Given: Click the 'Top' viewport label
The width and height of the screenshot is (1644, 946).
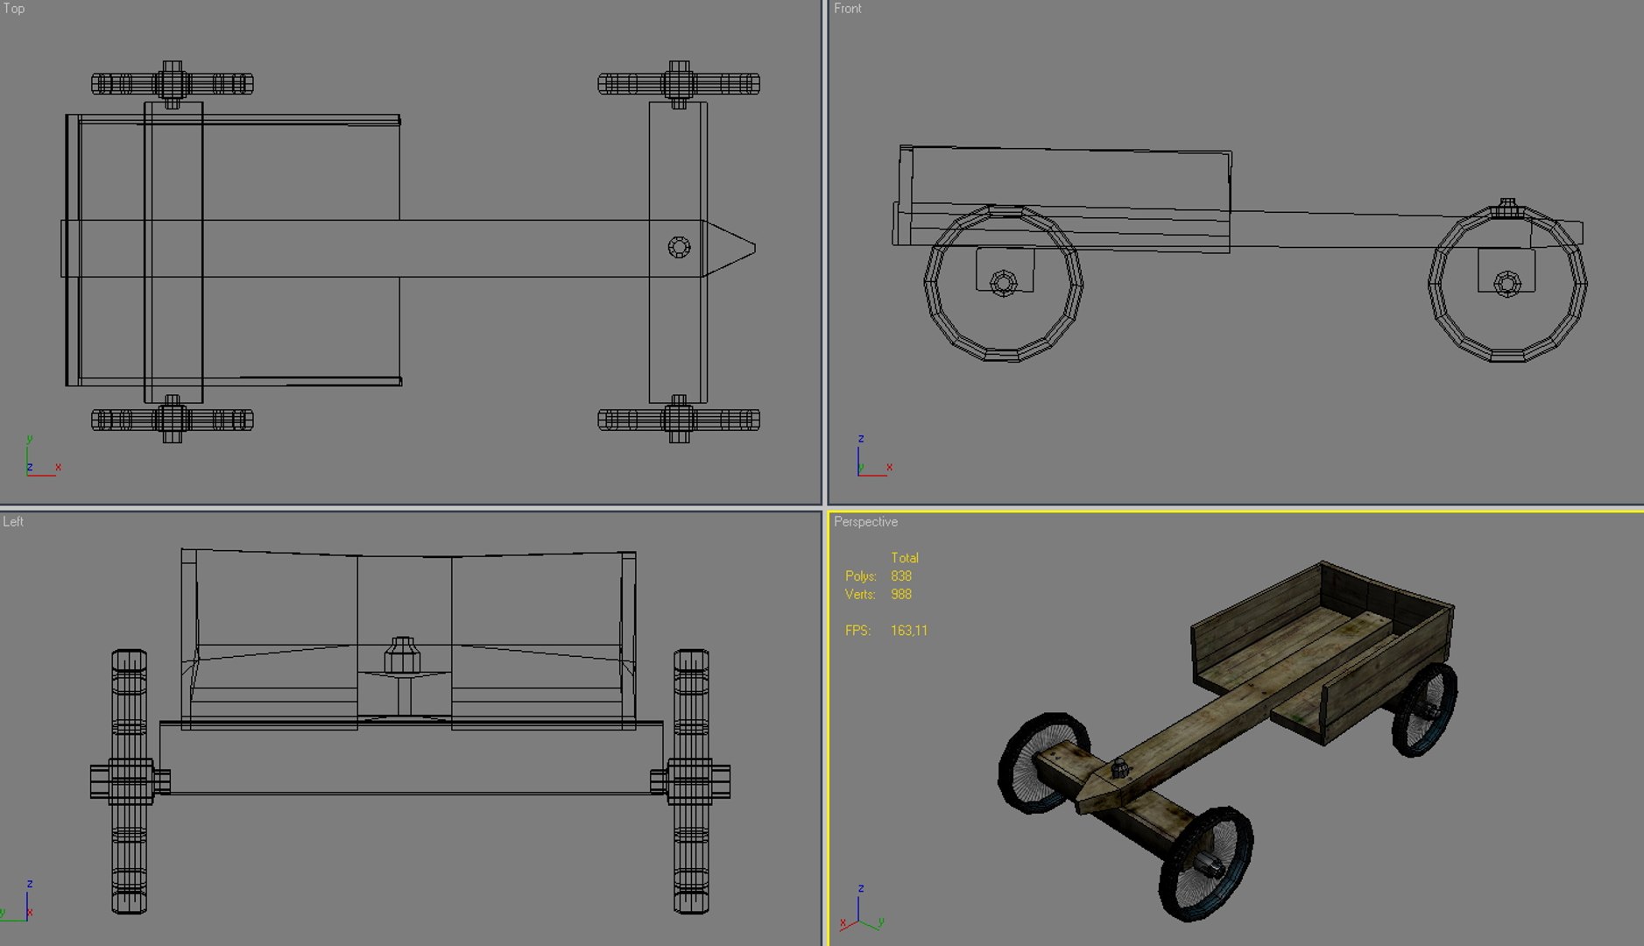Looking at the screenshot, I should tap(14, 9).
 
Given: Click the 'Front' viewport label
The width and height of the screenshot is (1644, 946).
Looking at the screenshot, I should tap(847, 9).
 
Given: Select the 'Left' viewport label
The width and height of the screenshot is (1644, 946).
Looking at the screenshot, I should tap(13, 522).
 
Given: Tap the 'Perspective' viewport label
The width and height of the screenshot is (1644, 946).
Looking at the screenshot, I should tap(865, 522).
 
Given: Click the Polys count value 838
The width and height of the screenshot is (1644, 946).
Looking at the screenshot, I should tap(901, 576).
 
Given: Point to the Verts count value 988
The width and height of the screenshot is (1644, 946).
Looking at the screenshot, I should tap(901, 595).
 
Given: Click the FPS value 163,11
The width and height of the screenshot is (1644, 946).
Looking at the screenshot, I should tap(908, 631).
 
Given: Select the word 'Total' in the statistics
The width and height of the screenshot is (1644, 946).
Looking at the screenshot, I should tap(904, 558).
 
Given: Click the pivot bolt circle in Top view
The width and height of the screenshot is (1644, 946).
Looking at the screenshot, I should tap(679, 248).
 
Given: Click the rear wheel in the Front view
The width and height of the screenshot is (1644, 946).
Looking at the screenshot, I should tap(1004, 283).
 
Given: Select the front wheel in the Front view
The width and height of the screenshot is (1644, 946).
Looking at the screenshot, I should tap(1507, 284).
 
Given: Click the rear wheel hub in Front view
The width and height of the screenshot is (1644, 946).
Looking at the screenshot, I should tap(1004, 283).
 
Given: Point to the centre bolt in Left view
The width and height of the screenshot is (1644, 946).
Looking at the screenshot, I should tap(403, 656).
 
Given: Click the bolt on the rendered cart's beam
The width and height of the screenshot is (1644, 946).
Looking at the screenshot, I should tap(1119, 770).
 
